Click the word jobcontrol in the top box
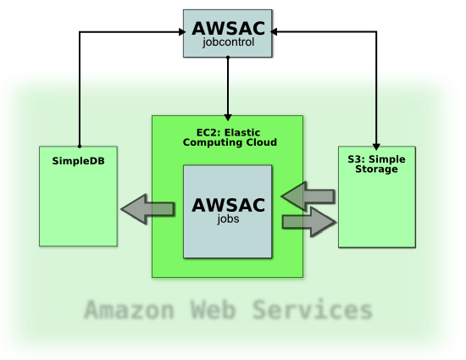tap(228, 42)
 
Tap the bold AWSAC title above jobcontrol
tap(228, 29)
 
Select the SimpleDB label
tap(79, 161)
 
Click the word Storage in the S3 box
tap(376, 169)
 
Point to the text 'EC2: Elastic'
tap(228, 132)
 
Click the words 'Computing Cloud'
tap(230, 142)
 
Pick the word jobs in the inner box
tap(228, 219)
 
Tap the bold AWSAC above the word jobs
tap(228, 205)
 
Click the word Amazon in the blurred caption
tap(129, 310)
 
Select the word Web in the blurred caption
tap(213, 310)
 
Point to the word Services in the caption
tap(313, 310)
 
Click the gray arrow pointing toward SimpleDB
tap(148, 209)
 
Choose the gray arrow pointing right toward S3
tap(309, 222)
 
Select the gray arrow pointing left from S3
tap(308, 197)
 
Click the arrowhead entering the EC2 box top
tap(228, 117)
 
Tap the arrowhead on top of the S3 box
tap(376, 147)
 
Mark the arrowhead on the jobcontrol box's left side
tap(182, 32)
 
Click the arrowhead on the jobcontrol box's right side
tap(274, 31)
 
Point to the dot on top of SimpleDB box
tap(80, 147)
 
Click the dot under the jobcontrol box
tap(228, 58)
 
